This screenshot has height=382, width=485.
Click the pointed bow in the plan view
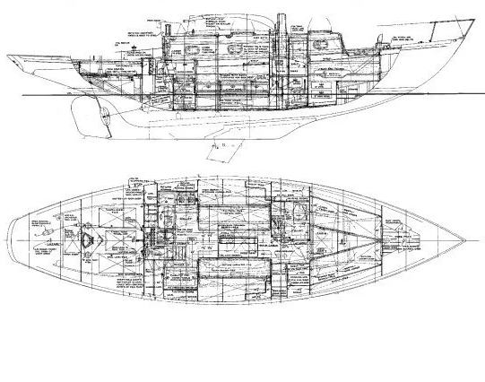465,239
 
